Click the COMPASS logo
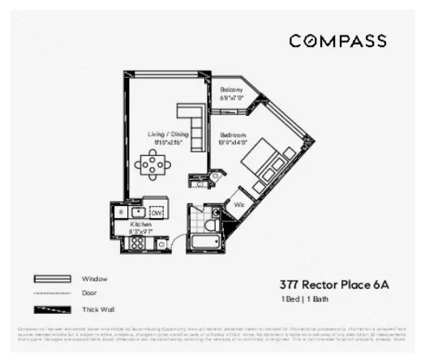click(x=337, y=41)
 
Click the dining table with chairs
click(x=152, y=165)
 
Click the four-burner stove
click(x=137, y=242)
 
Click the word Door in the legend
click(x=90, y=294)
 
